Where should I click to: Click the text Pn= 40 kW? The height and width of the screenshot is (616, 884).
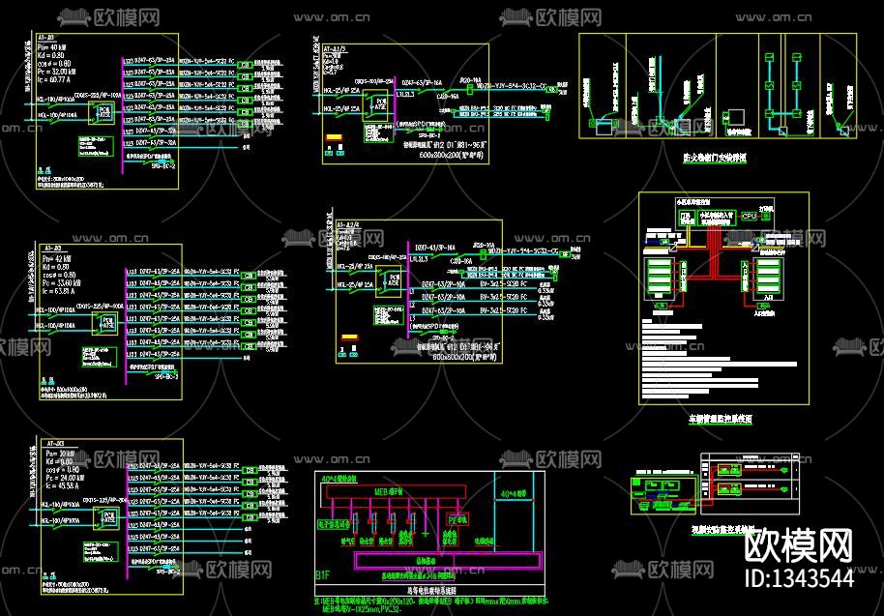(54, 46)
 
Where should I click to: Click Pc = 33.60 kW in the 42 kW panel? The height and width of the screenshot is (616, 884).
(64, 281)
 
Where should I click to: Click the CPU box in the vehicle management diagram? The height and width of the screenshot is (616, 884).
(749, 216)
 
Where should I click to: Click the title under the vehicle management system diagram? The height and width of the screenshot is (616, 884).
(720, 420)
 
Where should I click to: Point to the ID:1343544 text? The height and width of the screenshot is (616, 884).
(799, 578)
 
